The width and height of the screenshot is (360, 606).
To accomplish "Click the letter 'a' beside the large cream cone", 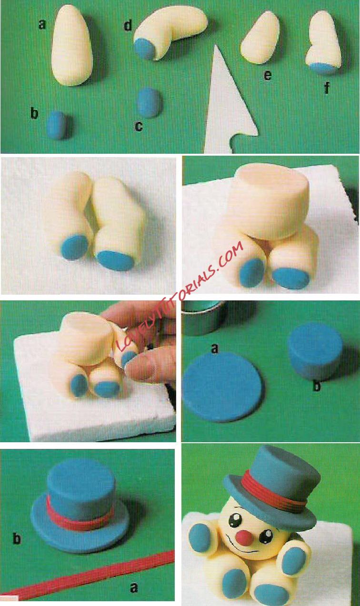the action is click(x=42, y=25).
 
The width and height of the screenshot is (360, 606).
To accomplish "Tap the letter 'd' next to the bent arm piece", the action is click(x=128, y=25).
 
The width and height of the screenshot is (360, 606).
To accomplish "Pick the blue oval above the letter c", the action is click(x=149, y=102).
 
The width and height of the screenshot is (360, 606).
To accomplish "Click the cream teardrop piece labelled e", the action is click(x=260, y=38).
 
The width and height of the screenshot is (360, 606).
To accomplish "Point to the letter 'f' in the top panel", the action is click(x=327, y=88).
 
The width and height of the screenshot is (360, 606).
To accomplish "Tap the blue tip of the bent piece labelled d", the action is click(x=145, y=49).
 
